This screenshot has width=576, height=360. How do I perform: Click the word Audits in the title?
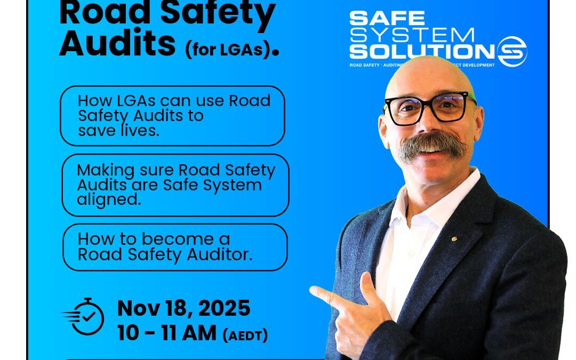coord(117,45)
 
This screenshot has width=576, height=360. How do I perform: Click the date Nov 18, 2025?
coord(183,308)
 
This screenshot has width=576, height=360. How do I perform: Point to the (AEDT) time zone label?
coord(245,335)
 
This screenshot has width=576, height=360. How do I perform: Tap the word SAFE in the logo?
coord(387,19)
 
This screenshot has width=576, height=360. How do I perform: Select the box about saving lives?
coord(172,116)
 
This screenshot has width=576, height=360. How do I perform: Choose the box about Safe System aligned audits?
coord(175,185)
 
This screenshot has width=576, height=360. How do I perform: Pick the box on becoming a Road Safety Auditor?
coord(175,247)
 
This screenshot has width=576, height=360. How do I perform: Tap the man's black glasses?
coord(430,107)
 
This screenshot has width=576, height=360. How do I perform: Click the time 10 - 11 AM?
coord(166,333)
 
